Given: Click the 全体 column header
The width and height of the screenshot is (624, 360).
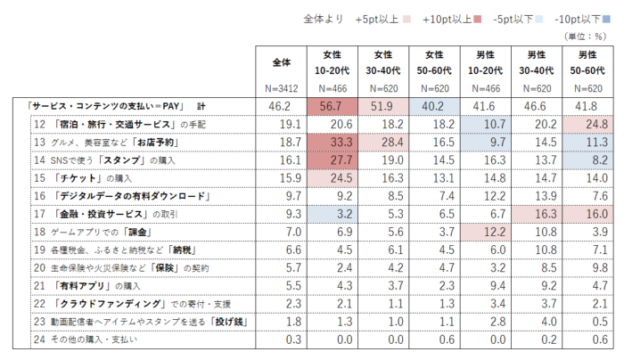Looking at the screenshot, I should click(282, 62).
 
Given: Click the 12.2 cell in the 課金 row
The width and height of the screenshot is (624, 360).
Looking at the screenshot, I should click(487, 233).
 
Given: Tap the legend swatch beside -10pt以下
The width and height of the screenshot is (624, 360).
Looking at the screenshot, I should click(605, 17).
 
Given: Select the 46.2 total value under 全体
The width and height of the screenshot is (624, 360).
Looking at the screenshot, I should click(282, 105).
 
